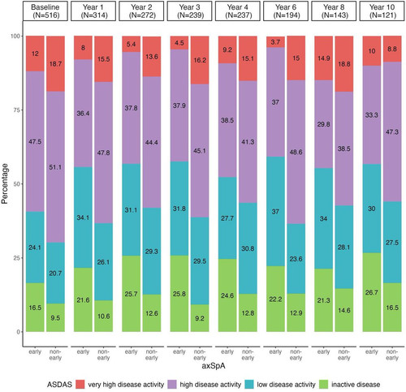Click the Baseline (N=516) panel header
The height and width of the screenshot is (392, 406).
click(45, 11)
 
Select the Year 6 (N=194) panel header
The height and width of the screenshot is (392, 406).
click(286, 11)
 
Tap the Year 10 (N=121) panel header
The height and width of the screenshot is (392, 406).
click(382, 11)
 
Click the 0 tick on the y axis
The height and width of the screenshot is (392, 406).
click(18, 332)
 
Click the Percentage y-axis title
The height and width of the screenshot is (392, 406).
click(5, 183)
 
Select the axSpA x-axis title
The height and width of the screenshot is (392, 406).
click(214, 366)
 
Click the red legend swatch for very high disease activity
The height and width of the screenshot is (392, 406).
click(80, 384)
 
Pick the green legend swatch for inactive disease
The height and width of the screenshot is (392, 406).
click(324, 384)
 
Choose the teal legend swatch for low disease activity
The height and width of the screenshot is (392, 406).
click(249, 384)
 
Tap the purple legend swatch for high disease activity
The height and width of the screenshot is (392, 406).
click(172, 384)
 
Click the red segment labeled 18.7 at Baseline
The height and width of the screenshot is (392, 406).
click(55, 64)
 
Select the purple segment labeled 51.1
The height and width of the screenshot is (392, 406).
click(55, 167)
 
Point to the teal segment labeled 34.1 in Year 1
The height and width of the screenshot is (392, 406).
click(83, 218)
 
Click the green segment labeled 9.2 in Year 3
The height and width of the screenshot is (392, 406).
click(200, 318)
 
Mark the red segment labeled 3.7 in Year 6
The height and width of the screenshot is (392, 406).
click(275, 42)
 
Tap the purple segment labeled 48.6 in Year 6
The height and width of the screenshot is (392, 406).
click(296, 152)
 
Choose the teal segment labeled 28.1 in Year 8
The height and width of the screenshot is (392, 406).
click(344, 248)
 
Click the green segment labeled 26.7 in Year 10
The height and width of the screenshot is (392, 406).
click(372, 292)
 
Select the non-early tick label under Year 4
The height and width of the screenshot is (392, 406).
click(248, 355)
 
